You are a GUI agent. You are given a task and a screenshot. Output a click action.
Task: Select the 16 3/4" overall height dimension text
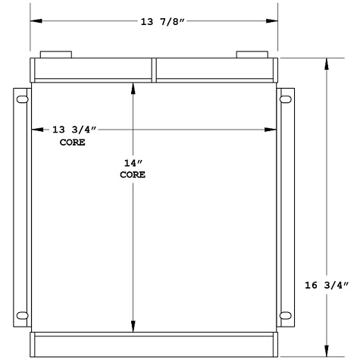tap(325, 285)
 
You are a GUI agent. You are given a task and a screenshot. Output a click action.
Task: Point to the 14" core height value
tap(133, 163)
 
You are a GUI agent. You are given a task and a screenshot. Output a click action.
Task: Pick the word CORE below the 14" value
tap(133, 174)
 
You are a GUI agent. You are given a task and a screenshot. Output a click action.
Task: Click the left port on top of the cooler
tap(55, 55)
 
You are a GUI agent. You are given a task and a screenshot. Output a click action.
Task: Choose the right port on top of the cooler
tap(252, 55)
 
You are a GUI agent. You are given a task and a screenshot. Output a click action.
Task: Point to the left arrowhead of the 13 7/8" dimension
tap(34, 21)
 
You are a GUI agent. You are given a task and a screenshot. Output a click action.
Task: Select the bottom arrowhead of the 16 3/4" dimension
tap(327, 350)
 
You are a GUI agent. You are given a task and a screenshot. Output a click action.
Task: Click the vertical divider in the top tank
tap(155, 70)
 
